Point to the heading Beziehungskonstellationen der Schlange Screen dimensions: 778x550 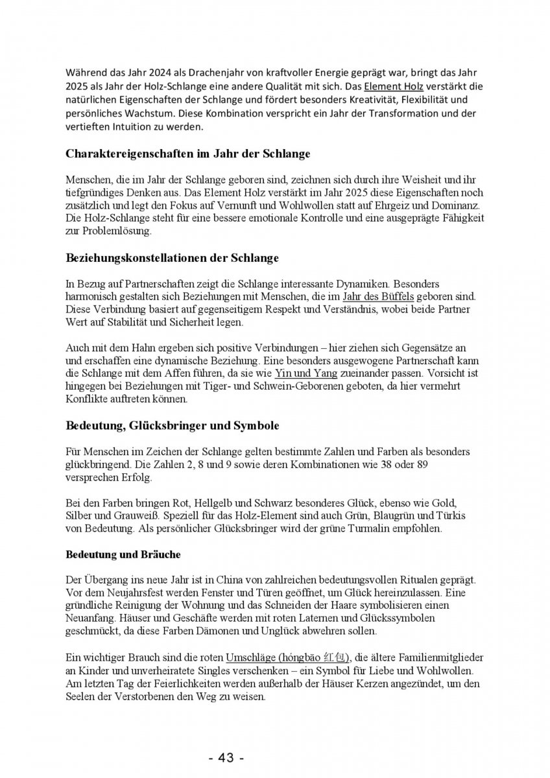(x=172, y=257)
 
